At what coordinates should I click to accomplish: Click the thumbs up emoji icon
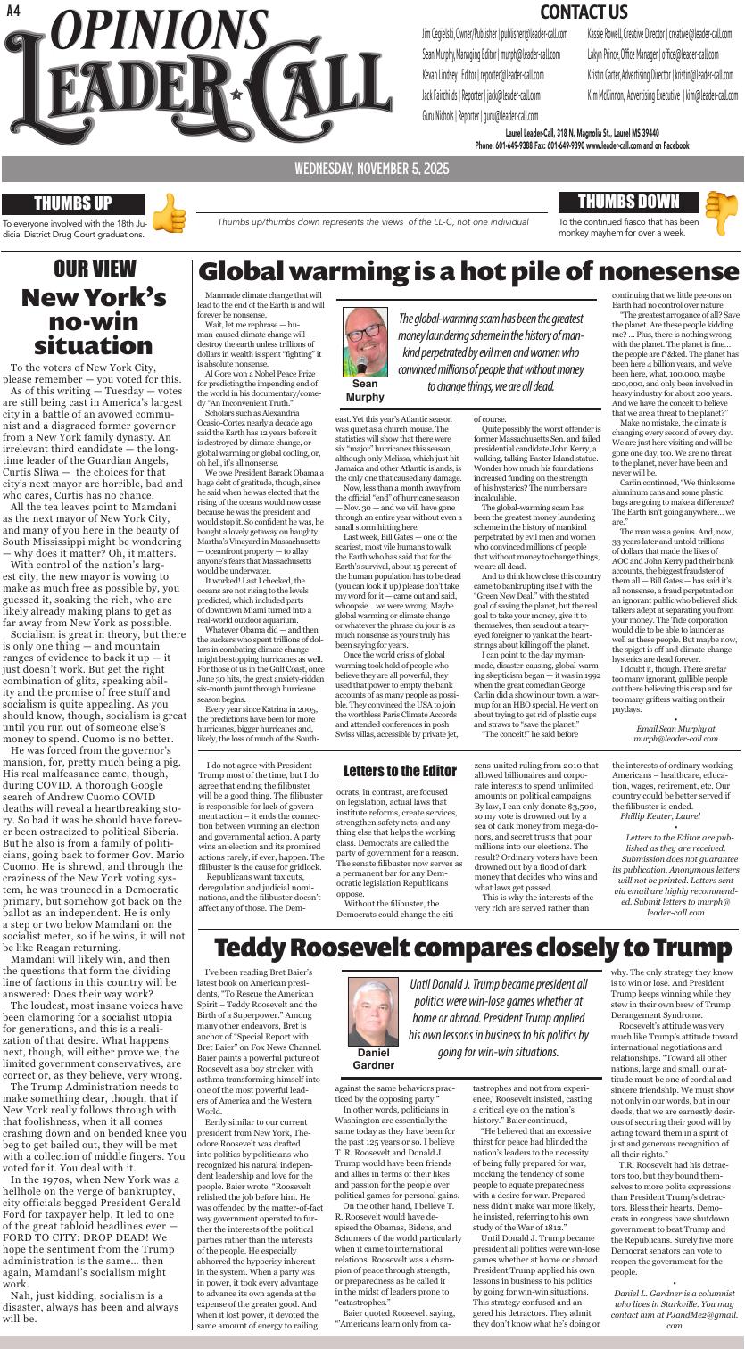click(170, 215)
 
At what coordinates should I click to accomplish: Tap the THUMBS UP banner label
click(73, 203)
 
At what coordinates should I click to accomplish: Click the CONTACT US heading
click(584, 12)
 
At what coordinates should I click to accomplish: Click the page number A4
click(12, 10)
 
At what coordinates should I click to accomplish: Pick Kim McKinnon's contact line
click(662, 95)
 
